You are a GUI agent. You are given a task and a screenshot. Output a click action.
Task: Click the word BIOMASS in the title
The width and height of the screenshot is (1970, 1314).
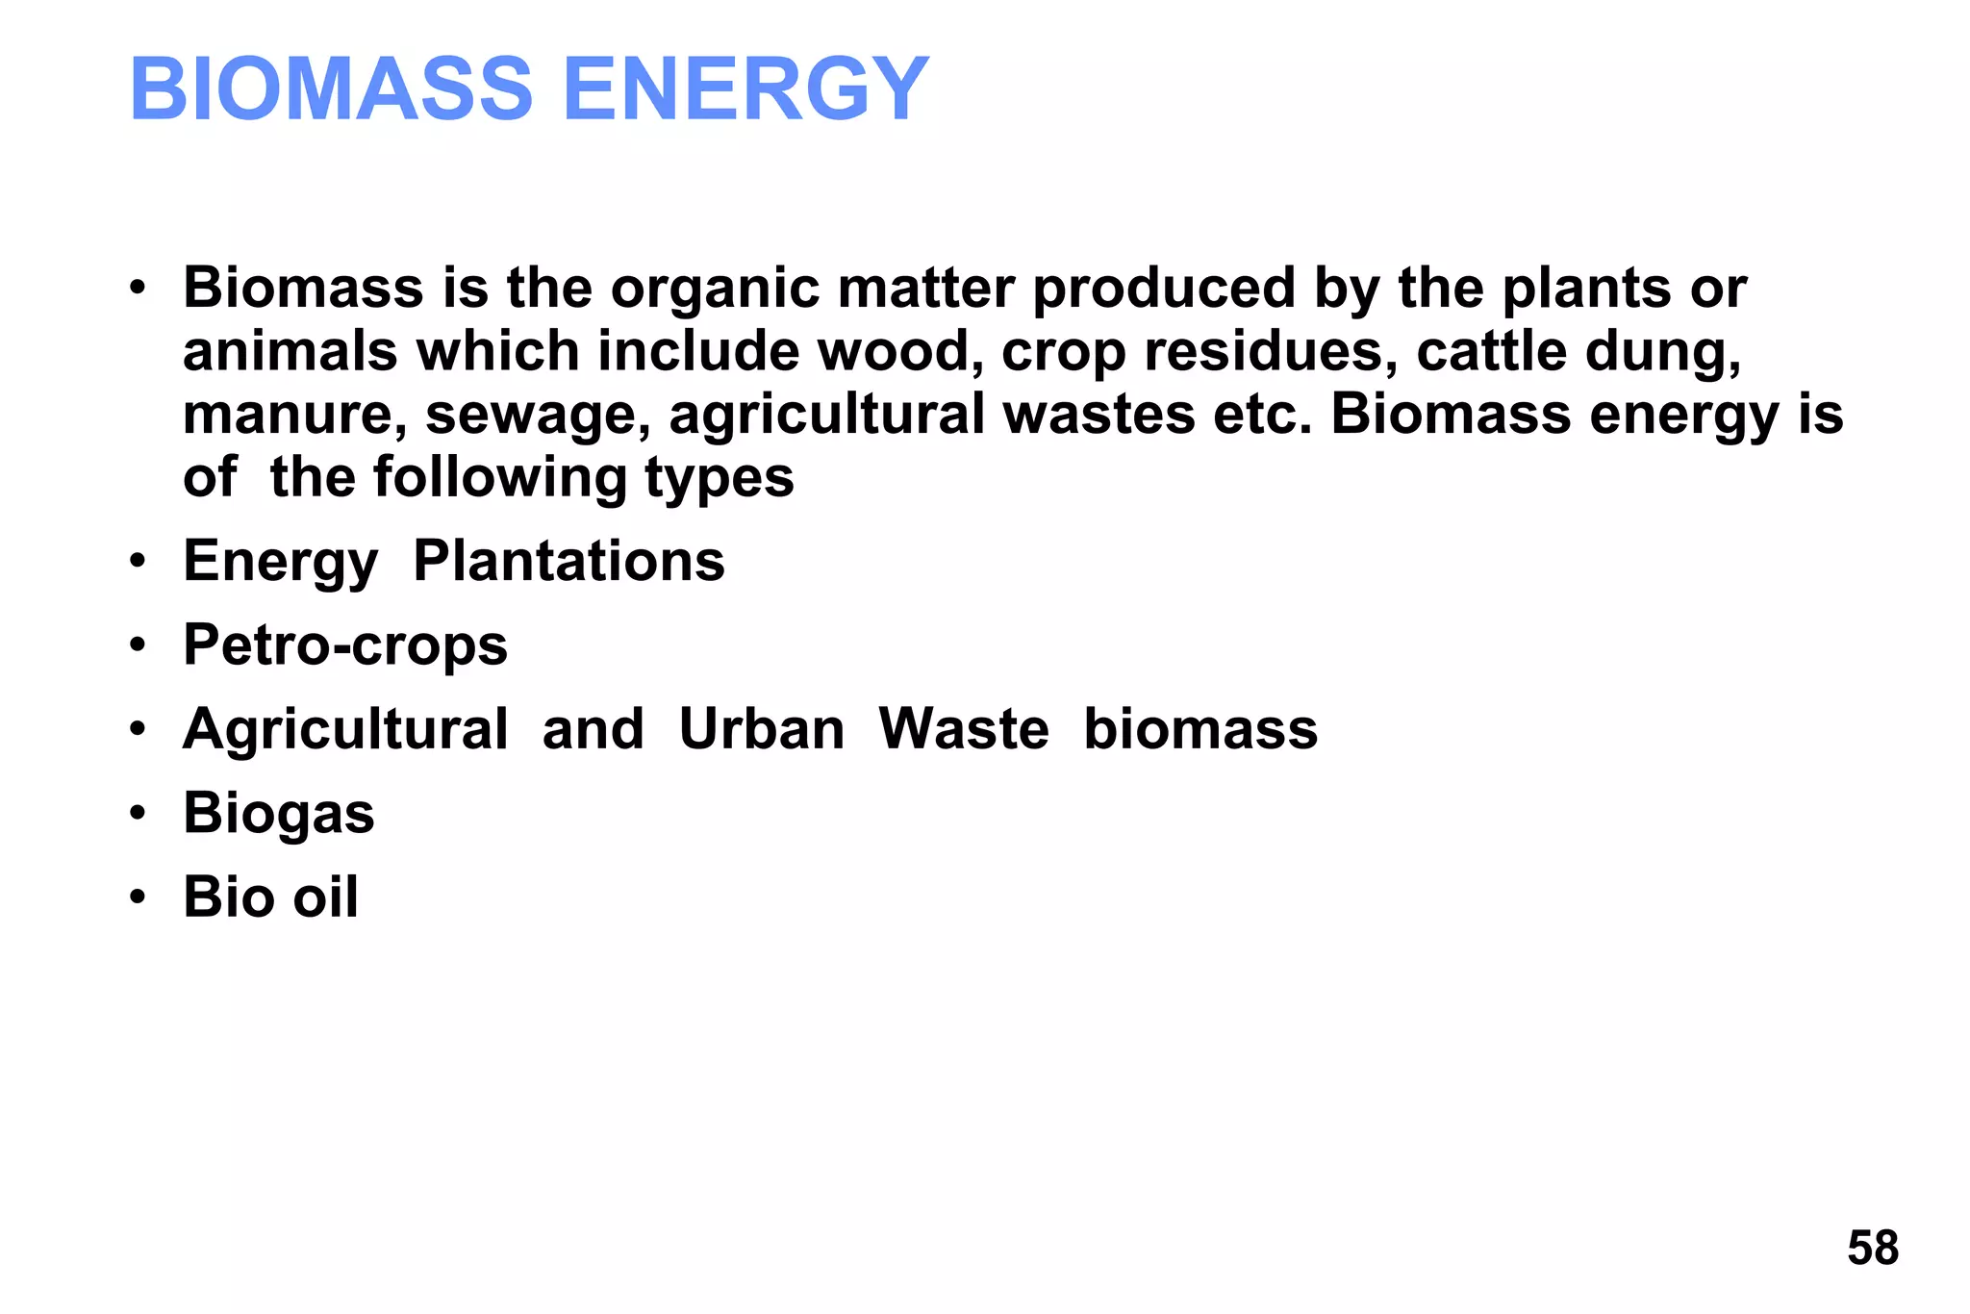331,89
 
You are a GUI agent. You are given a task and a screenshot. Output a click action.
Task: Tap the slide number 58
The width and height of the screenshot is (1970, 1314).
1872,1248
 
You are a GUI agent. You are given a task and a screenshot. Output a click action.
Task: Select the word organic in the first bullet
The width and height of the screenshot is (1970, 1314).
716,289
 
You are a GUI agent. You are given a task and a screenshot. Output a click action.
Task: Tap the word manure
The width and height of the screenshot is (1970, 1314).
294,416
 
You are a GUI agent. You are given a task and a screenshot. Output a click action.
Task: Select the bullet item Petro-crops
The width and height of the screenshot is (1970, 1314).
345,645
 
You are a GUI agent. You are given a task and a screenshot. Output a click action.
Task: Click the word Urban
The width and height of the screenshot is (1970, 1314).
761,729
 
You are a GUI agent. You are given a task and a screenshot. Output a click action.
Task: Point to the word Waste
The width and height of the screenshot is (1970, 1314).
963,729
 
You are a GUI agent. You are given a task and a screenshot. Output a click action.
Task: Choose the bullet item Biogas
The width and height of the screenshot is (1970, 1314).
279,814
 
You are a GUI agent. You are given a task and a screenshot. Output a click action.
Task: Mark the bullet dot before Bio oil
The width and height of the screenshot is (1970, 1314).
139,897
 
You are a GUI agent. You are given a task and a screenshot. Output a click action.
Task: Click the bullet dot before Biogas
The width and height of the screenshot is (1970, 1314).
139,814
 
